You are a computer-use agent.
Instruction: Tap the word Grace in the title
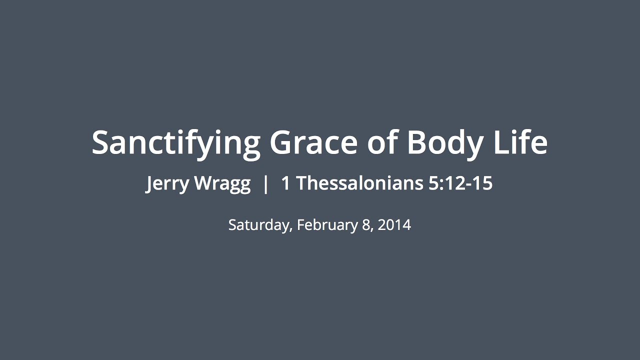(313, 142)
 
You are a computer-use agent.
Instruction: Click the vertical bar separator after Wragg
(265, 184)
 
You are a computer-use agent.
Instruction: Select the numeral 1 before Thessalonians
(285, 183)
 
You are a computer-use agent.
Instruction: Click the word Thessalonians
(359, 183)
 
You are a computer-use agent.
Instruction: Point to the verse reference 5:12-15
(460, 183)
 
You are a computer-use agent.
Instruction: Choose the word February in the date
(327, 225)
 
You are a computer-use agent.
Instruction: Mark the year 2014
(394, 225)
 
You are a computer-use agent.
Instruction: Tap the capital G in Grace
(281, 142)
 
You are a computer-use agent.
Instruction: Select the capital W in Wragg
(204, 183)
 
